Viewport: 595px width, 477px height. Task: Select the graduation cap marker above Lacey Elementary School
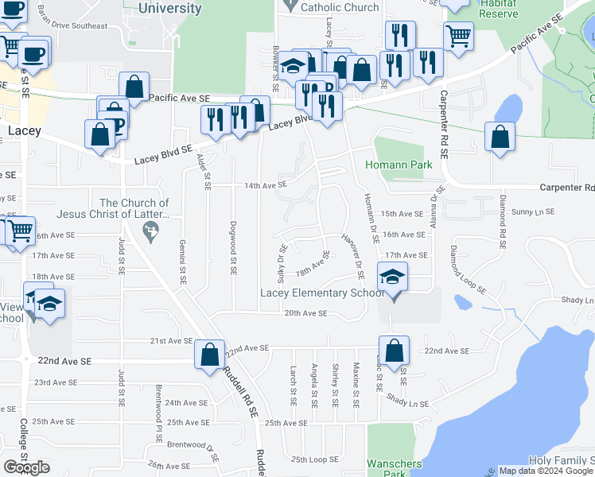(392, 277)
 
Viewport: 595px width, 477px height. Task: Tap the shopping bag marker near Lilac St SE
(394, 350)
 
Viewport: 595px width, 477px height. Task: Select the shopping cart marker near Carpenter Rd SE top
(459, 35)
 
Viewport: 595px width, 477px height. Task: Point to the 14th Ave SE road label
(265, 185)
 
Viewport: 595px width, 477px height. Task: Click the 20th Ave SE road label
(306, 313)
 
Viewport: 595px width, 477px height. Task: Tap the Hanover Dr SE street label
(352, 255)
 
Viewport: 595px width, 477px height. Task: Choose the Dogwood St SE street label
(233, 247)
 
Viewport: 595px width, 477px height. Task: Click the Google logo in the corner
(27, 467)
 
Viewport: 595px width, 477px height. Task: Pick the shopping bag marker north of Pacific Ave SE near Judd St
(134, 85)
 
